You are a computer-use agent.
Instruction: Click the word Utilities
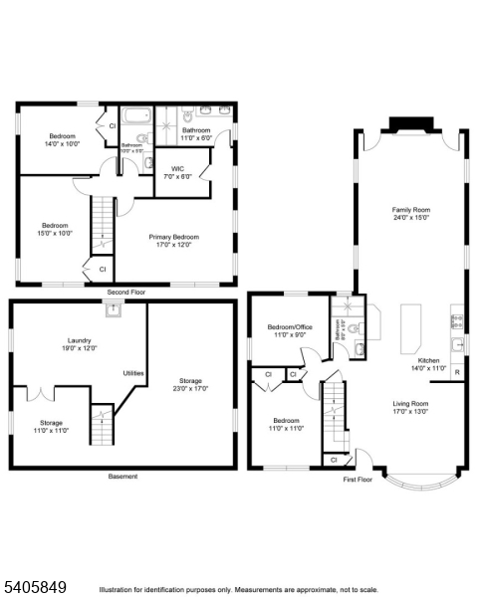(133, 373)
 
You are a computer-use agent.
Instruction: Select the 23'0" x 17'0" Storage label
(192, 384)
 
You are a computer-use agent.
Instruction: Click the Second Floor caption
(126, 293)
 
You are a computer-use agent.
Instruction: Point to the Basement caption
(122, 477)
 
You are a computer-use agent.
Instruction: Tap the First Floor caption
(358, 480)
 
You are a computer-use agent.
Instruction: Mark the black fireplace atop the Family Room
(408, 123)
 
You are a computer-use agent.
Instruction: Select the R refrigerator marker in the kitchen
(456, 372)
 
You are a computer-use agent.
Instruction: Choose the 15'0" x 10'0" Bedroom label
(55, 229)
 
